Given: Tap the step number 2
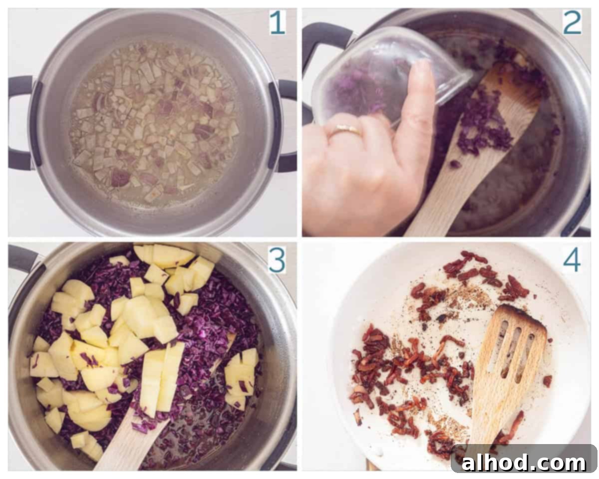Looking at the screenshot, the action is (572, 23).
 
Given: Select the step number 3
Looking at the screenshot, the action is (277, 261).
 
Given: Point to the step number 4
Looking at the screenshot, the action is (572, 260).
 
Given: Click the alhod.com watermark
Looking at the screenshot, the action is (524, 463).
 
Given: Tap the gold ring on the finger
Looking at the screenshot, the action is (347, 130).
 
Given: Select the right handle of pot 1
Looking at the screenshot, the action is (281, 126).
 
